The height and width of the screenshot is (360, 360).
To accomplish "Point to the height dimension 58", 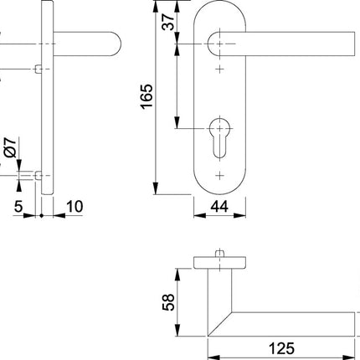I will (x=167, y=299).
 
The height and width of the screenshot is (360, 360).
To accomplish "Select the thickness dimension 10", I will (x=75, y=206).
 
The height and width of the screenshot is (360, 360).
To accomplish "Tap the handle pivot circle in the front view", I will (x=219, y=39).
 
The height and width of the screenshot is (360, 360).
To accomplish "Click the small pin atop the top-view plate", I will (x=220, y=252).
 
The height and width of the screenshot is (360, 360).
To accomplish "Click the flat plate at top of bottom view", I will (x=220, y=263).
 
